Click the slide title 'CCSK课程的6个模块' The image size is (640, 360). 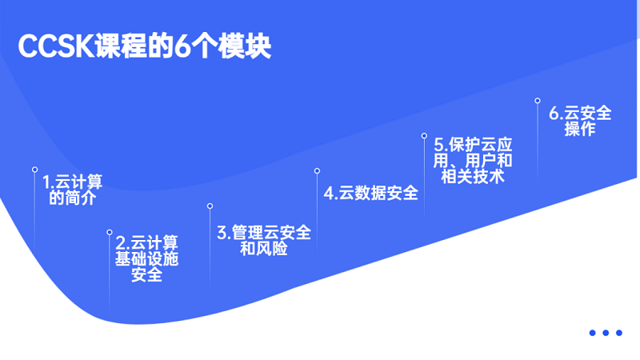click(145, 46)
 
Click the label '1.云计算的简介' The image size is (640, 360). click(72, 190)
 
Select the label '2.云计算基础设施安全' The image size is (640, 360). click(146, 258)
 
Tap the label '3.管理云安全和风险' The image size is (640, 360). click(264, 241)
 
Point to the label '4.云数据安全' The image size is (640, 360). click(370, 193)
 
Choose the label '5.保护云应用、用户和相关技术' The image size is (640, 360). click(473, 161)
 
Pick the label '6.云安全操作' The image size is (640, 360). click(580, 121)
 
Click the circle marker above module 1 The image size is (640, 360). click(34, 170)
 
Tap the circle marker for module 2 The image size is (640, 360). click(110, 232)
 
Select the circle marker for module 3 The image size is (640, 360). click(210, 206)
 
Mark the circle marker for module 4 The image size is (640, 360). click(317, 171)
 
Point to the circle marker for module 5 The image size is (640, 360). click(425, 136)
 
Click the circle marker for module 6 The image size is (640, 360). click(538, 101)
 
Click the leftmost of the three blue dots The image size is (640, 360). click(592, 333)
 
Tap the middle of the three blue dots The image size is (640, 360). click(606, 333)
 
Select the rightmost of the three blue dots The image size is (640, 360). click(619, 333)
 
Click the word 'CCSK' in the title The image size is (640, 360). click(56, 46)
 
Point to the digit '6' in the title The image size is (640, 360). click(182, 46)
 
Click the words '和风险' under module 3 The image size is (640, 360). click(264, 249)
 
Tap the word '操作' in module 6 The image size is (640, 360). click(580, 129)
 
